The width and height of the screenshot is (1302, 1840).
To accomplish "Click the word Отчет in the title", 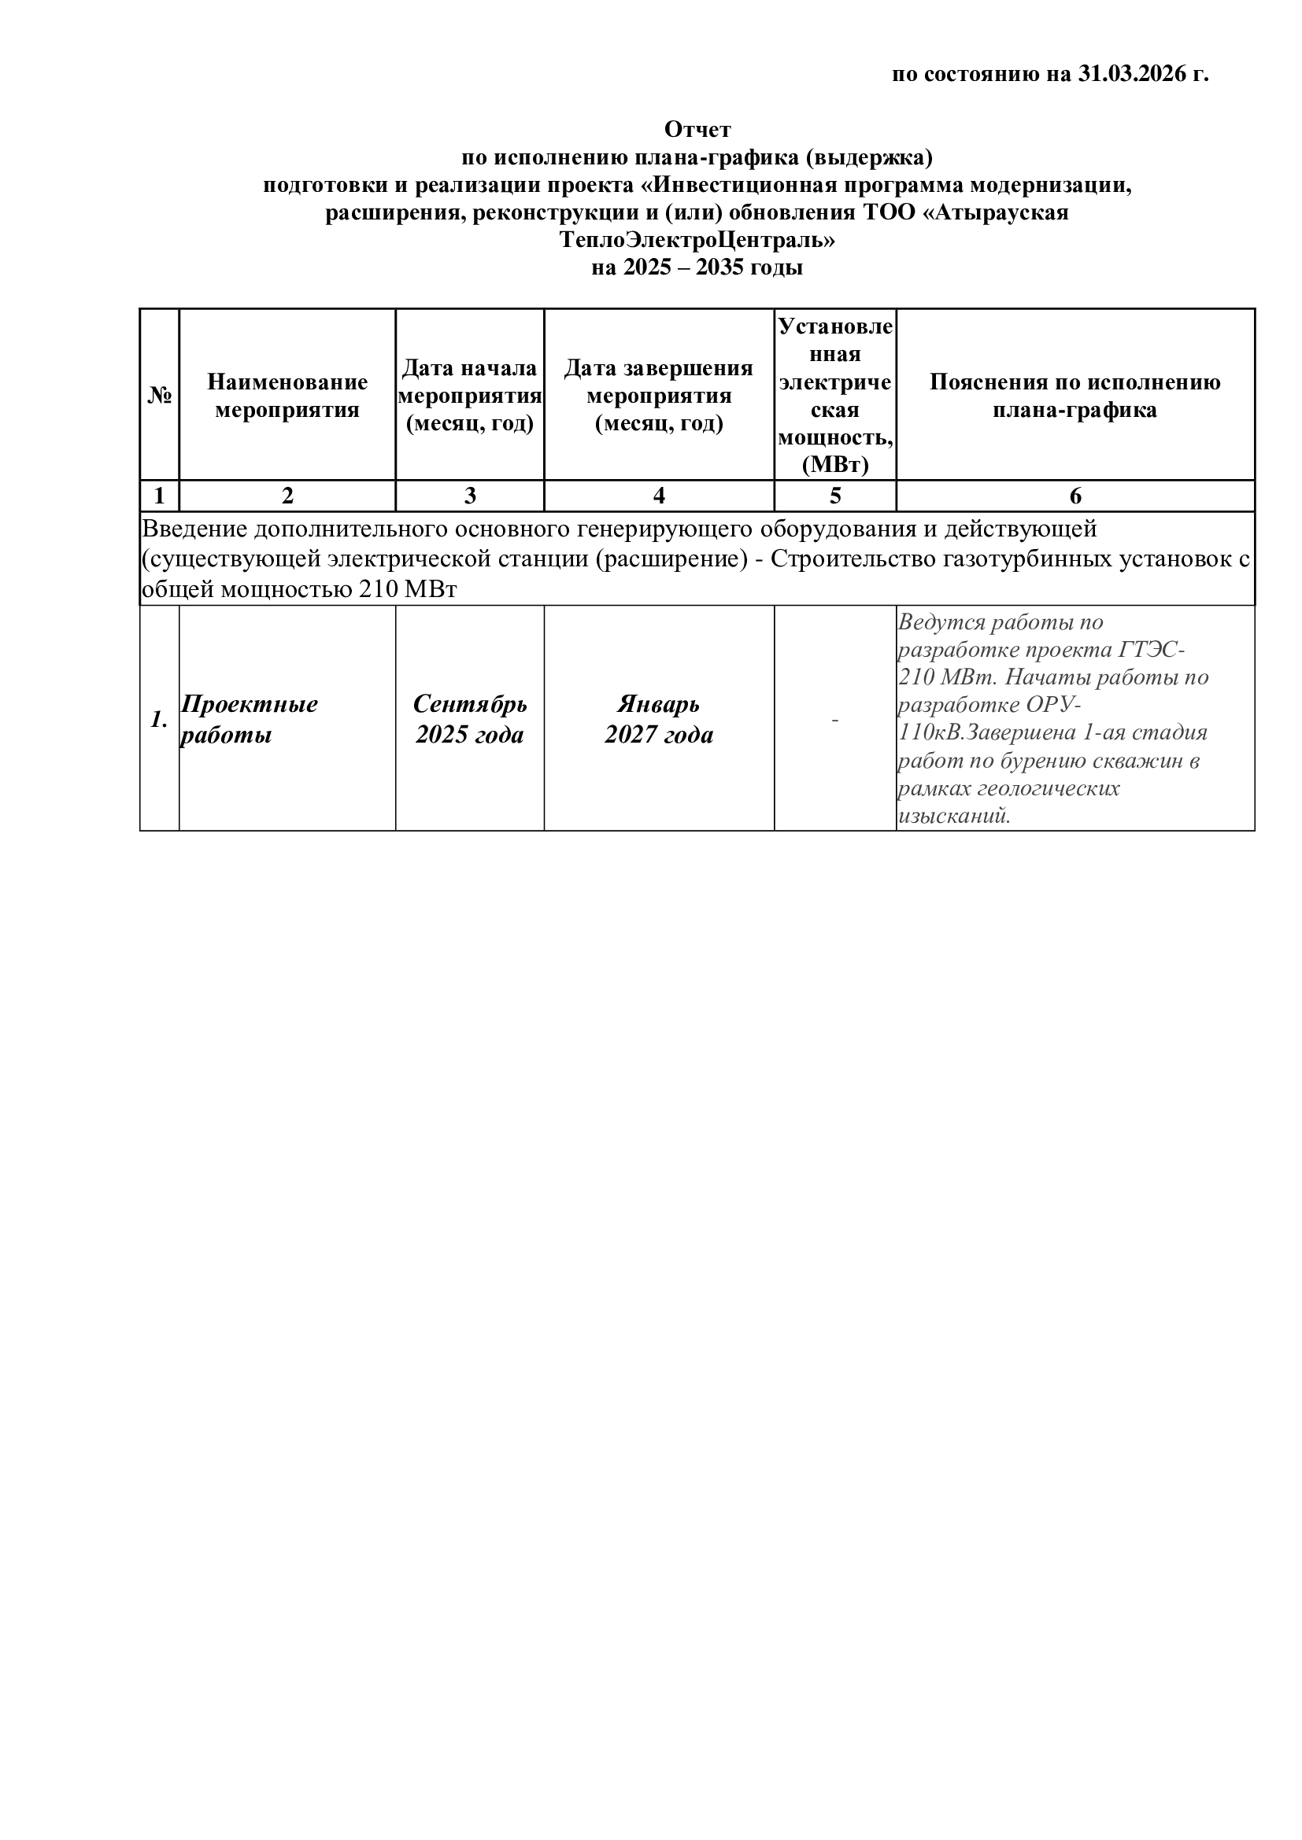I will (697, 129).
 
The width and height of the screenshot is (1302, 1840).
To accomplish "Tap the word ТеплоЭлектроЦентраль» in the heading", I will (697, 240).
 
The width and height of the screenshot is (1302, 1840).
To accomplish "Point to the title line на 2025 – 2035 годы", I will (697, 267).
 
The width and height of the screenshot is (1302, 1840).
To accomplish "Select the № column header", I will (160, 395).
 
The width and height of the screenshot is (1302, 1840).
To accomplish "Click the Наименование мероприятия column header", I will (287, 396).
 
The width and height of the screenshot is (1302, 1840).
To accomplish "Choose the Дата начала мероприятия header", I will (470, 396).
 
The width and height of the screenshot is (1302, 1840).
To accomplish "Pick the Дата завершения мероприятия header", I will (659, 396).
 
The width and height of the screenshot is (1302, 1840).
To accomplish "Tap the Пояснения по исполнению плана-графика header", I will (1075, 396).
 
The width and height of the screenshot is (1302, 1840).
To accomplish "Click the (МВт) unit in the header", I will (835, 465).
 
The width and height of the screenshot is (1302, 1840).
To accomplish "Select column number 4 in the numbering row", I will (659, 496).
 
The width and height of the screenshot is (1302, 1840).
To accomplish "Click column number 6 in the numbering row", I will (1075, 496).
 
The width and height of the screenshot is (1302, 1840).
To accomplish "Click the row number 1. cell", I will (160, 720).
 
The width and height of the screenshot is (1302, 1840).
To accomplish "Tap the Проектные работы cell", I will (249, 720).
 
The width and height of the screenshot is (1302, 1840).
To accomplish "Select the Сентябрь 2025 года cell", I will (470, 720).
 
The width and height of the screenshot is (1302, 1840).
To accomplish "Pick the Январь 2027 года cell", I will (659, 720).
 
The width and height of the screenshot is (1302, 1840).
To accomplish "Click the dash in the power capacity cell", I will (835, 720).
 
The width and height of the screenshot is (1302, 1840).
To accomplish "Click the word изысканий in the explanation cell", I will (952, 817).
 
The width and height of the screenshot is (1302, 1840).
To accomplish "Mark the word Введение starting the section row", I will (194, 529).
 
